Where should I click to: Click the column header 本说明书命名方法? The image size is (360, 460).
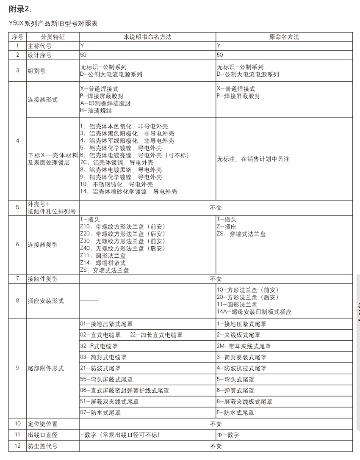[x=147, y=37]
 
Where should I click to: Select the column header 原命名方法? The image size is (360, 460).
[x=284, y=37]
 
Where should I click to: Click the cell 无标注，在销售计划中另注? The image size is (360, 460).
[x=253, y=159]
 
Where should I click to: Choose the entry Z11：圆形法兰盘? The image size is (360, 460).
[x=102, y=256]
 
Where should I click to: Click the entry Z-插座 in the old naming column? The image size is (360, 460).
[x=227, y=227]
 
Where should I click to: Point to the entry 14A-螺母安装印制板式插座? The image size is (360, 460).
[x=254, y=312]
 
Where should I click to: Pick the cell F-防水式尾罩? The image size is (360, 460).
[x=235, y=413]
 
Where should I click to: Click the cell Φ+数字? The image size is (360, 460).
[x=228, y=435]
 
